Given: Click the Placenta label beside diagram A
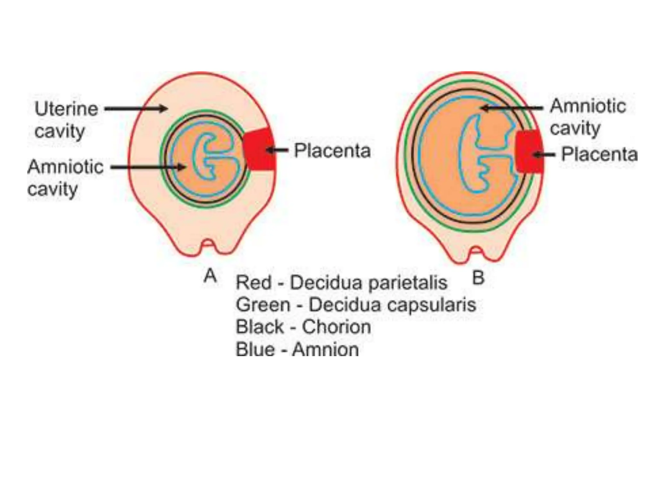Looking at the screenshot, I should pyautogui.click(x=332, y=151).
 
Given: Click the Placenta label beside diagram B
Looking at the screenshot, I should pyautogui.click(x=599, y=154).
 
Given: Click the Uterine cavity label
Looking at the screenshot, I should pyautogui.click(x=66, y=120).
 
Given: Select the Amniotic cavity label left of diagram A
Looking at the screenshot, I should pyautogui.click(x=65, y=177).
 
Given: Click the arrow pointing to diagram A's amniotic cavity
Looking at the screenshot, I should pyautogui.click(x=148, y=167).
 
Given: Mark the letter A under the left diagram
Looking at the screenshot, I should pyautogui.click(x=210, y=276).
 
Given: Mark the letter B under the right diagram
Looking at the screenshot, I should pyautogui.click(x=478, y=278).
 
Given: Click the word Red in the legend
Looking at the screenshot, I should pyautogui.click(x=253, y=283).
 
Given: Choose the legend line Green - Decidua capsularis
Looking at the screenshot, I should pyautogui.click(x=355, y=305).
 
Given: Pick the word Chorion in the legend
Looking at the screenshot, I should pyautogui.click(x=336, y=327).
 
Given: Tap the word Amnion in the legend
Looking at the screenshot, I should pyautogui.click(x=325, y=349).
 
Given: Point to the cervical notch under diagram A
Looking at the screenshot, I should pyautogui.click(x=208, y=246).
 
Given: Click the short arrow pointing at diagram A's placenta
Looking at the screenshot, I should pyautogui.click(x=278, y=150).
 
